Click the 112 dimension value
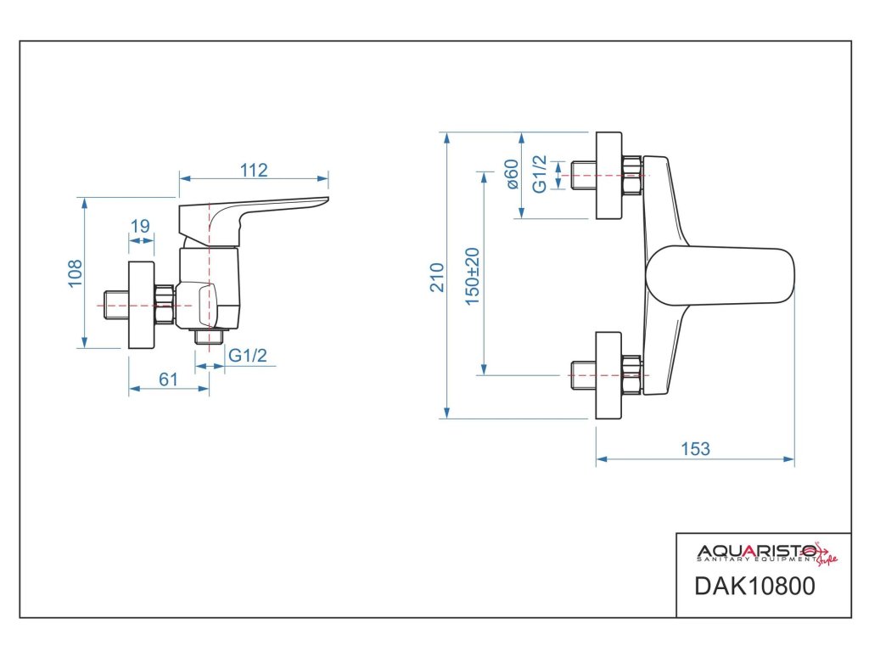click(254, 170)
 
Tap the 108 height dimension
click(75, 273)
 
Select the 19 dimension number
click(140, 226)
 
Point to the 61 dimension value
click(168, 379)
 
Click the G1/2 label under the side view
click(248, 355)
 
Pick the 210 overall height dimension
click(437, 278)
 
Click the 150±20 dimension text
click(472, 276)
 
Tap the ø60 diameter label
click(513, 174)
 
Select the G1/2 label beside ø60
click(539, 174)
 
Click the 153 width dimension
click(695, 448)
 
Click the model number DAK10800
click(754, 586)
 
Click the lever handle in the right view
click(720, 276)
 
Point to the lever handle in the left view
click(253, 220)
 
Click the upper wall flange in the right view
click(608, 175)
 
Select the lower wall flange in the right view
click(608, 375)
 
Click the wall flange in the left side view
click(142, 305)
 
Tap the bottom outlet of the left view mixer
click(209, 336)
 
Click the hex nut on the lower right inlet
click(631, 375)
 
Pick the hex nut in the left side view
click(165, 305)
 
